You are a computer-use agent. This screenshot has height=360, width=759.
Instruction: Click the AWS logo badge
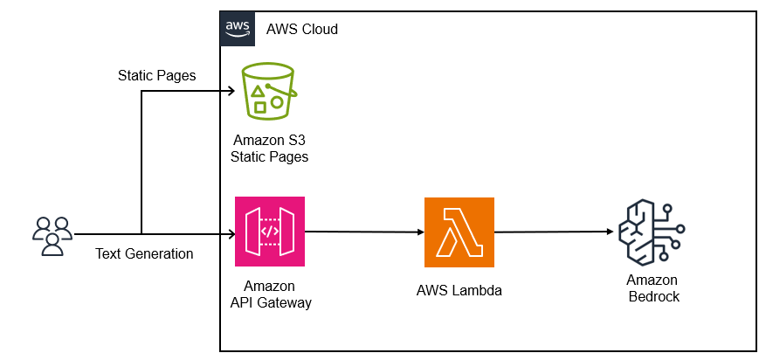238,29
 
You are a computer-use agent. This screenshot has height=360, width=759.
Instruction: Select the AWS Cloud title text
301,29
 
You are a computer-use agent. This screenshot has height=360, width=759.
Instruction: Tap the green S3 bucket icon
267,91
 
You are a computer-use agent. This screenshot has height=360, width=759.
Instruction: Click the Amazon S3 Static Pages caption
269,149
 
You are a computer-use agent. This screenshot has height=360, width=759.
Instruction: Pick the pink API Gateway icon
270,232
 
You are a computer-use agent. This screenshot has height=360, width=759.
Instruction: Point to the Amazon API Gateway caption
270,294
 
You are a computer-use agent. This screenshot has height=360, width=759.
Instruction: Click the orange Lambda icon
459,232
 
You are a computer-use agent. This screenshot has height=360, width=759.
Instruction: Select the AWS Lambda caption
459,291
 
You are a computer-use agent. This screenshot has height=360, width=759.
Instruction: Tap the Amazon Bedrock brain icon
652,232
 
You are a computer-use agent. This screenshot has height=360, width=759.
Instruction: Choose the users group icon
52,236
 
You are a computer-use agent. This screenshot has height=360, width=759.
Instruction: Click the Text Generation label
144,253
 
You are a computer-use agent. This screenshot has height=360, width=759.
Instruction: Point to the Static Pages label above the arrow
157,76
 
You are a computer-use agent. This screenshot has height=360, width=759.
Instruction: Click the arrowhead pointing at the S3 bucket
231,91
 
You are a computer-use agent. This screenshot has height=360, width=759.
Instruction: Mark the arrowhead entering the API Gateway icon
231,234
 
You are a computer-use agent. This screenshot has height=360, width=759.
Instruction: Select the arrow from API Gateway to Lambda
364,232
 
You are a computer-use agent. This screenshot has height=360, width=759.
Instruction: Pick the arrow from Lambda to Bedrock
555,232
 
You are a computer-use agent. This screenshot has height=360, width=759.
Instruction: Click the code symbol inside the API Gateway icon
270,232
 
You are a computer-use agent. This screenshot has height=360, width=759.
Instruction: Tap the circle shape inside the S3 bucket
277,102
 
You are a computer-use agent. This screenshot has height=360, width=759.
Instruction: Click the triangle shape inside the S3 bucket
259,91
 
